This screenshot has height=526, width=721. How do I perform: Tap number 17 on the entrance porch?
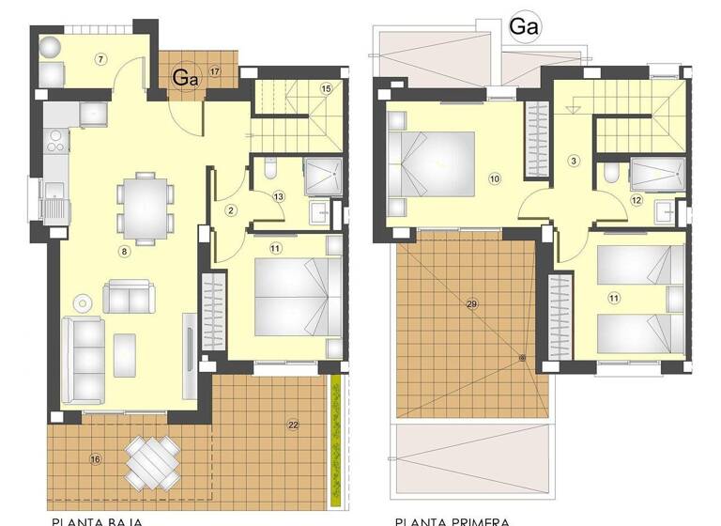(215, 71)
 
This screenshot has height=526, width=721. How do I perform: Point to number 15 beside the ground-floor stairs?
(326, 88)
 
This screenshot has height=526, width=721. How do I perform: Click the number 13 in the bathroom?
(279, 196)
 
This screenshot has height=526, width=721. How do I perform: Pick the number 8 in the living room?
(123, 251)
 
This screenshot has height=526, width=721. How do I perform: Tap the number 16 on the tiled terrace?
(95, 458)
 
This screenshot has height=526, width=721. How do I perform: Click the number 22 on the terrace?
(293, 425)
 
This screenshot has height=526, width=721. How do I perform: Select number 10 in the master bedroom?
(495, 177)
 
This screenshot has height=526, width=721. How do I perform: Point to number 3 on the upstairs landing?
(574, 161)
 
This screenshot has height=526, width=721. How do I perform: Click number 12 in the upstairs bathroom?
(636, 199)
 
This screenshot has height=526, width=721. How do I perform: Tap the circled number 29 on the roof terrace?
(471, 302)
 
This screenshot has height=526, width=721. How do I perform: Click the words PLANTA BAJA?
(91, 519)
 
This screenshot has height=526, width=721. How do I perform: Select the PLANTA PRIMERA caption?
(453, 519)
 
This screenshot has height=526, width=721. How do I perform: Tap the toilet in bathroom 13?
(269, 170)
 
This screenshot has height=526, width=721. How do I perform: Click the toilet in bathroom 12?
(612, 173)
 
